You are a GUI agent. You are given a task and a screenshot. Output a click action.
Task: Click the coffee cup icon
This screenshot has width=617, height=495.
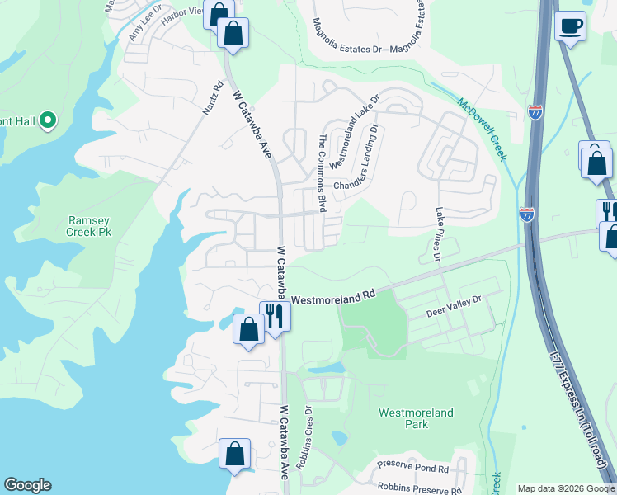click(570, 26)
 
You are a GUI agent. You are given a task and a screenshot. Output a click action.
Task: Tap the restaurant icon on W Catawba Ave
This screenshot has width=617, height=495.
click(274, 315)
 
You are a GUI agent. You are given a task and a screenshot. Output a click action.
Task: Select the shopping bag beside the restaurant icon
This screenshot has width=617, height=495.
click(248, 328)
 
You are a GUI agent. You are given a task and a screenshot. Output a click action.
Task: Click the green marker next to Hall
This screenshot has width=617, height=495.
click(47, 121)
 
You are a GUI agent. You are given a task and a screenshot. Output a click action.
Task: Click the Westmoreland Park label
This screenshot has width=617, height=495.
click(404, 418)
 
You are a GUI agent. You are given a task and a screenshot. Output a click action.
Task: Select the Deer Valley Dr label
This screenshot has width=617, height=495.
click(453, 313)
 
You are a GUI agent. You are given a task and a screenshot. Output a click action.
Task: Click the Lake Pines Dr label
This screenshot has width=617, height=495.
click(438, 235)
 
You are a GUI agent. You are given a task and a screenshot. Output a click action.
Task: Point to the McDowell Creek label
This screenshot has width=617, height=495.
click(483, 129)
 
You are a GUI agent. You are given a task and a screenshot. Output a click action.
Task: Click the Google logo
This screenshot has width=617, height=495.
click(27, 485)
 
